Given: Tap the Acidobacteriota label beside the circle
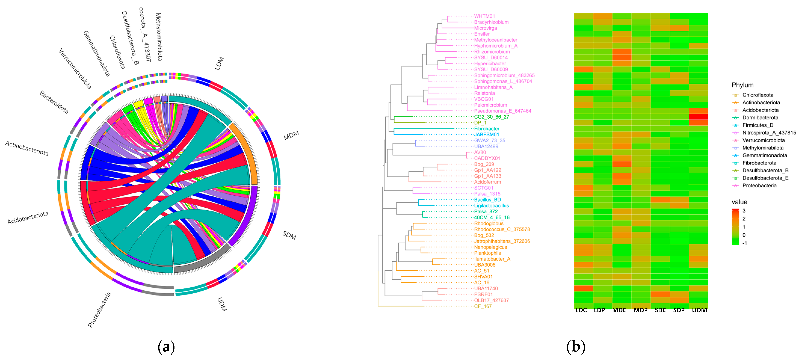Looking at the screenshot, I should point(28,218).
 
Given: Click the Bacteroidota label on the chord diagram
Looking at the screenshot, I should point(54,102).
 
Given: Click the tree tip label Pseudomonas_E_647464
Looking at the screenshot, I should point(502,111).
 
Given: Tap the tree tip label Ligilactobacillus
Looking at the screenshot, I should point(491,206).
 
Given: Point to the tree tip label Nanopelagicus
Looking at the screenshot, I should point(490,247).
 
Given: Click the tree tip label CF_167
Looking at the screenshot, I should point(483,306).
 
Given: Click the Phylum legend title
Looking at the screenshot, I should point(742,85).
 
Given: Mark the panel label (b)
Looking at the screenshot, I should point(576,347).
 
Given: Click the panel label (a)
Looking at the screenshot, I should point(166,347).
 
